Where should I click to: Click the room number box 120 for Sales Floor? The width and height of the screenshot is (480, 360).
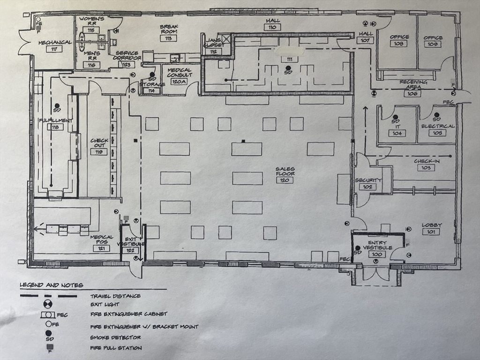(285, 180)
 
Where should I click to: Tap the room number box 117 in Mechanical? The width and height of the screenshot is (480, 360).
(54, 49)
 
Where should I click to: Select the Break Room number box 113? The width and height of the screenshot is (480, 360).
(168, 38)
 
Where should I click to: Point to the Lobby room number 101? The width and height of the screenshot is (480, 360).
(431, 232)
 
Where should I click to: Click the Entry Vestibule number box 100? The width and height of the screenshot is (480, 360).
(377, 254)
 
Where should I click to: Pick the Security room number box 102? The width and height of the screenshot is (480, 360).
(367, 187)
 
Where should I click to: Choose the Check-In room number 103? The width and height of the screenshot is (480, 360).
(426, 168)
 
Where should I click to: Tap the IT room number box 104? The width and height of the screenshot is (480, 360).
(397, 133)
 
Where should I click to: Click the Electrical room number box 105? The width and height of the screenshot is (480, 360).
(437, 133)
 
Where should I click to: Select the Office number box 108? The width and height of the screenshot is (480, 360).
(398, 44)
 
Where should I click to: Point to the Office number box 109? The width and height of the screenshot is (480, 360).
(433, 44)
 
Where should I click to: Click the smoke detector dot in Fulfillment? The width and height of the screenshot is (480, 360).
(57, 105)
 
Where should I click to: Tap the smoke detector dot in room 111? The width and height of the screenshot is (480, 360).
(288, 68)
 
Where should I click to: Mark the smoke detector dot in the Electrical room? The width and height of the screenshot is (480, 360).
(436, 115)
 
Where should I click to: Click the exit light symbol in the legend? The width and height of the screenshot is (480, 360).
(48, 304)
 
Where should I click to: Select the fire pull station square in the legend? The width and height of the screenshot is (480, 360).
(49, 347)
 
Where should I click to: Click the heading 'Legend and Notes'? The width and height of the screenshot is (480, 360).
(52, 285)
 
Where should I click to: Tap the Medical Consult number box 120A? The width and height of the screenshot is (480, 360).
(179, 82)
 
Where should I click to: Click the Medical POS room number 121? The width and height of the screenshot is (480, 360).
(101, 248)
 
